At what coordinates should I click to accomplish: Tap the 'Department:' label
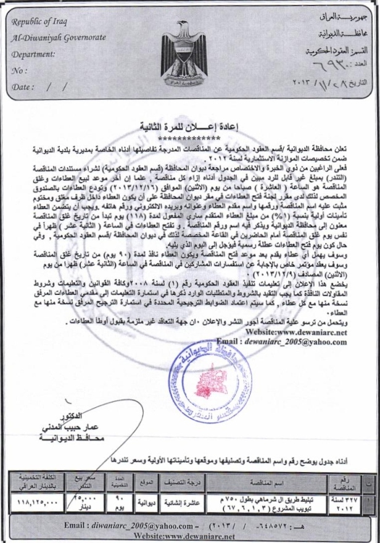coord(35,54)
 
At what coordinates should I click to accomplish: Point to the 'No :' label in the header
coord(20,70)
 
